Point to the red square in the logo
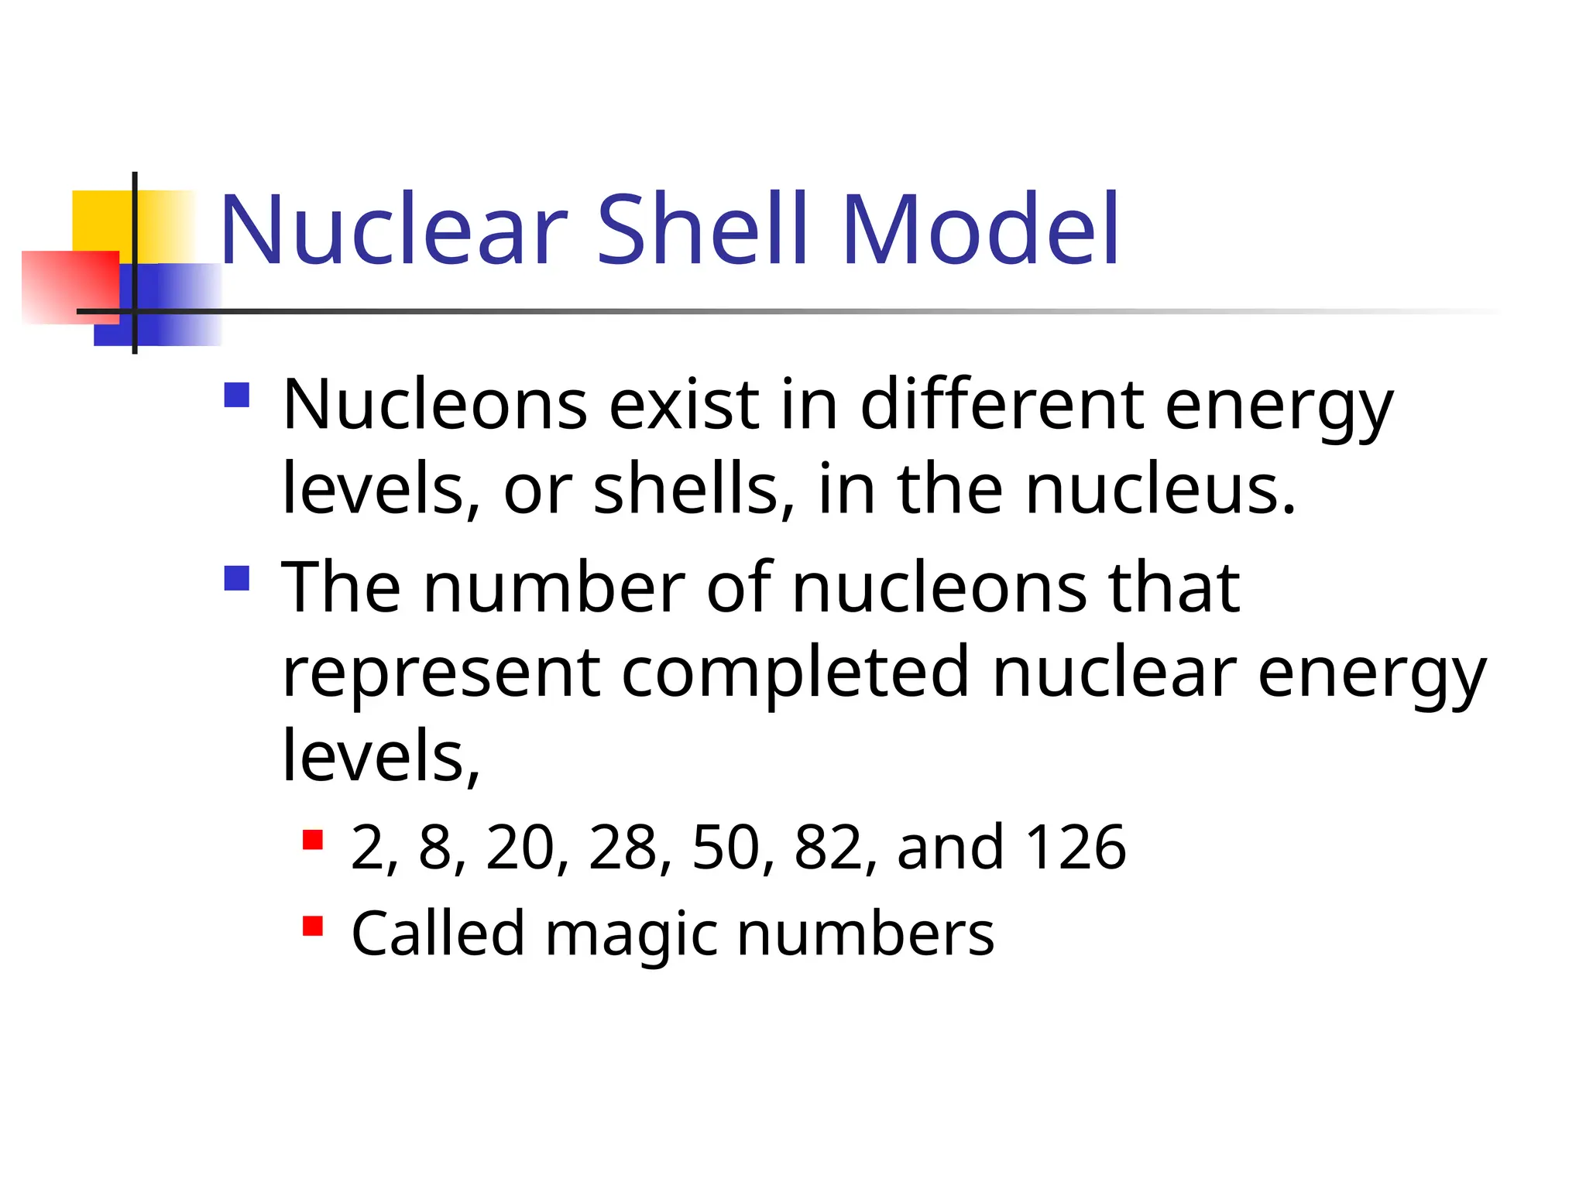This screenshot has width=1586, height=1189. coord(70,286)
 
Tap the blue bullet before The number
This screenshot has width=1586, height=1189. coord(237,578)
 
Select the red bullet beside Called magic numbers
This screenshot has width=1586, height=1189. coord(313,926)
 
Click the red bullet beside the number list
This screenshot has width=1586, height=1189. coord(313,840)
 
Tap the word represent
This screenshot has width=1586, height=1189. coord(441,673)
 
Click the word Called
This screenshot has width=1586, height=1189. coord(438,933)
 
